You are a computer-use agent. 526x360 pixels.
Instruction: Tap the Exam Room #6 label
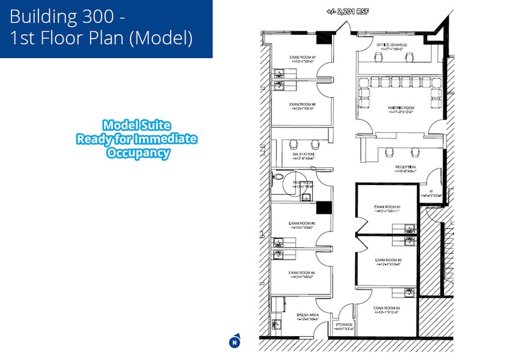pos(302,105)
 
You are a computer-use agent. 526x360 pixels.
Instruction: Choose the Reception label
pos(405,167)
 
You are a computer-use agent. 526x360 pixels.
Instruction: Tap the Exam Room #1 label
pos(387,207)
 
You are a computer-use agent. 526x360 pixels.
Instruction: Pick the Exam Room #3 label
pos(387,307)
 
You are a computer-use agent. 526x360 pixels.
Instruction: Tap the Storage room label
pos(344,324)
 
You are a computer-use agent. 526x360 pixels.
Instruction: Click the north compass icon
pos(234,342)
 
